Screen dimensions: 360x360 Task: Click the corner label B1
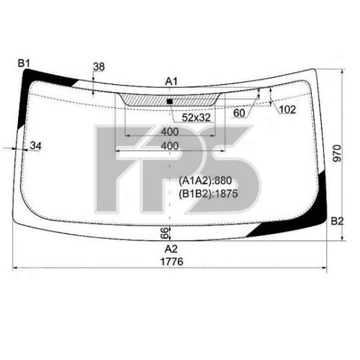23,63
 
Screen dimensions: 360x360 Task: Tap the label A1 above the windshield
171,81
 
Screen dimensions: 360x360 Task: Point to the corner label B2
337,221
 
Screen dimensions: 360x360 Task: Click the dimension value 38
99,67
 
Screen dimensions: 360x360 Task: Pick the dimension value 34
36,145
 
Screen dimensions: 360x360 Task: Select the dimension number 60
239,113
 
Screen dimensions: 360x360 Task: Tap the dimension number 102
287,109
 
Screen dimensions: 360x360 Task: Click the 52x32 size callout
196,117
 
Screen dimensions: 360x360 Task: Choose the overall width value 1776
171,261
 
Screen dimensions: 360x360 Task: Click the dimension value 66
164,233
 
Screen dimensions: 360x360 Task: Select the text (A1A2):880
205,181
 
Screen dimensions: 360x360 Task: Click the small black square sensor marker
170,101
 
